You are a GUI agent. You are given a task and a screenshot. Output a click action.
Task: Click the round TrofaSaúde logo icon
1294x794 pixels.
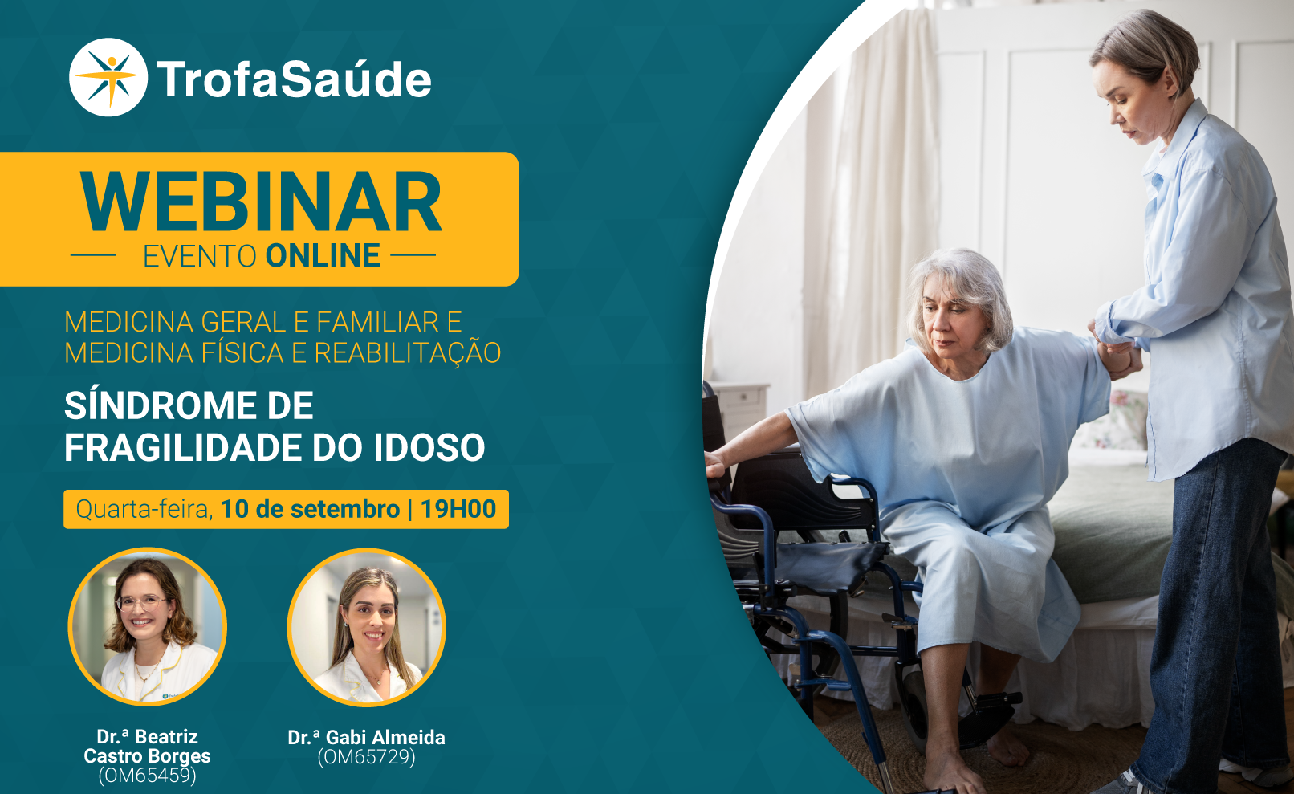pyautogui.click(x=108, y=77)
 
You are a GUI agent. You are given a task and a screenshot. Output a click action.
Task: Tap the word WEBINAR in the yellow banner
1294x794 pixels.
pyautogui.click(x=261, y=202)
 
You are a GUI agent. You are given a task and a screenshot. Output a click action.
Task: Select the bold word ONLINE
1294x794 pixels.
pyautogui.click(x=323, y=256)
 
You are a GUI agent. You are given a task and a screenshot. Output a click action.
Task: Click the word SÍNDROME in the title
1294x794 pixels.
pyautogui.click(x=189, y=405)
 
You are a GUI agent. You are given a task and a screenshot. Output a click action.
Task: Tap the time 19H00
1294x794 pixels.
pyautogui.click(x=458, y=509)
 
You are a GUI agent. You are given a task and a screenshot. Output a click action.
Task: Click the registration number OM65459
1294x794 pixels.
pyautogui.click(x=148, y=776)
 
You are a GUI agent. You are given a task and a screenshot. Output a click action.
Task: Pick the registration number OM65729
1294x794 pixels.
pyautogui.click(x=366, y=757)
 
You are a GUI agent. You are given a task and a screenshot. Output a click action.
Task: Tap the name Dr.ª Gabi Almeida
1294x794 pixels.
pyautogui.click(x=366, y=738)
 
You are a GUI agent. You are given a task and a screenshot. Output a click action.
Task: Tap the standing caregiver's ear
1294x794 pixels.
pyautogui.click(x=1170, y=81)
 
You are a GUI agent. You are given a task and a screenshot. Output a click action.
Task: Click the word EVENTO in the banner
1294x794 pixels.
pyautogui.click(x=199, y=257)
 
